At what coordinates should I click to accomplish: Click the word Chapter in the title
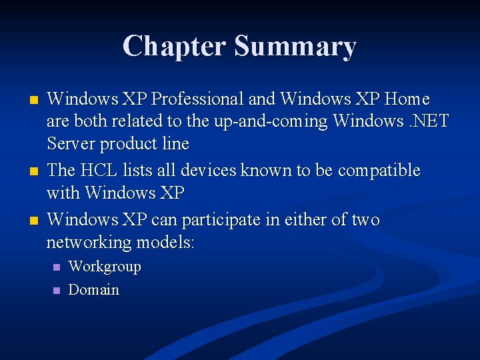click(175, 46)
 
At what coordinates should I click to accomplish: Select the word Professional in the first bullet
click(197, 99)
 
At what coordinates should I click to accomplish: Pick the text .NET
click(428, 121)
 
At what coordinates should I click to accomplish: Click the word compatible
click(379, 171)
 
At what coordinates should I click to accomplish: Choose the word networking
click(89, 242)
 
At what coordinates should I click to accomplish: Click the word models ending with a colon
click(166, 242)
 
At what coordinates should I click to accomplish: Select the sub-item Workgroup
click(105, 267)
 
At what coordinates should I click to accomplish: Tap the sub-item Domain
click(94, 290)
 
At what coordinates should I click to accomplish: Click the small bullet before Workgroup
click(56, 267)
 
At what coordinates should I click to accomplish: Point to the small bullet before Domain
click(56, 291)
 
